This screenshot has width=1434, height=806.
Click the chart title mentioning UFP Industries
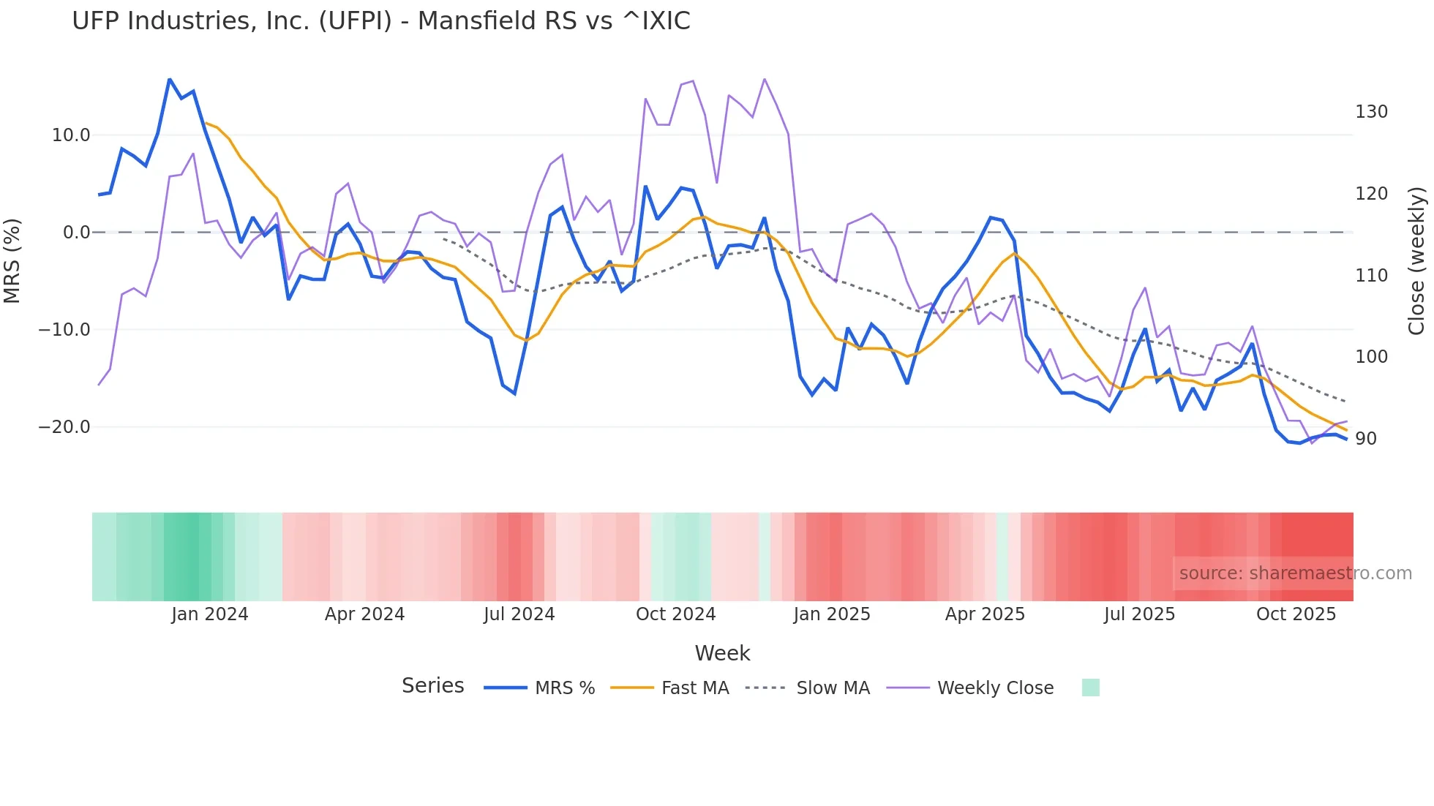pos(380,21)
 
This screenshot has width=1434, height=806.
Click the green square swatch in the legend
pos(1090,688)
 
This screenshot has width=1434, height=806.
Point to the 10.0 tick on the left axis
pos(71,135)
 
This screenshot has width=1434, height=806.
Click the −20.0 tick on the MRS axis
pos(64,427)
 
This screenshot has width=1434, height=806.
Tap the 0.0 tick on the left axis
pos(77,233)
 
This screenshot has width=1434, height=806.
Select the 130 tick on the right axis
pos(1371,112)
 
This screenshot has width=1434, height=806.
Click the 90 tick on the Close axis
pos(1366,439)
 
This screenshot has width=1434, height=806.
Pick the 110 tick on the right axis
pos(1371,276)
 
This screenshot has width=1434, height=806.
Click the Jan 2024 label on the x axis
pos(210,614)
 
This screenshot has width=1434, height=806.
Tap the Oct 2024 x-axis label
pos(675,614)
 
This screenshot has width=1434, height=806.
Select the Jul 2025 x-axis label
pos(1139,614)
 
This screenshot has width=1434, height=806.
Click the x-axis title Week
pos(722,653)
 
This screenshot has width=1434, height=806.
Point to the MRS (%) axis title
pos(12,261)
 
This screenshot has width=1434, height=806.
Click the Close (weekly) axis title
pos(1417,261)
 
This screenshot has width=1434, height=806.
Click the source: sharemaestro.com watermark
pos(1295,573)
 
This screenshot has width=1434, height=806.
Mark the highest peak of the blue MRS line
pos(170,79)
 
